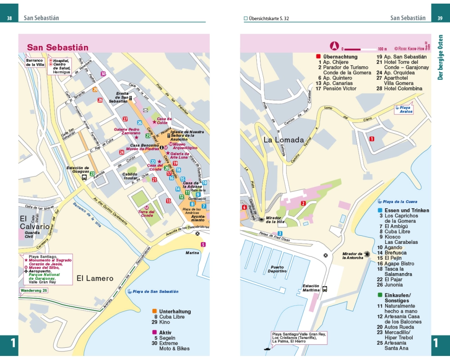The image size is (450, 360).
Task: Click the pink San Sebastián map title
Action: click(x=58, y=47)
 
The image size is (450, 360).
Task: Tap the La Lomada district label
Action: click(x=283, y=139)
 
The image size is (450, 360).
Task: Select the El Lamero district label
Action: click(x=95, y=278)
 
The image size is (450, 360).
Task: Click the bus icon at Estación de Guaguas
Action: click(x=84, y=177)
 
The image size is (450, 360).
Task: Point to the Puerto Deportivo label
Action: click(x=277, y=269)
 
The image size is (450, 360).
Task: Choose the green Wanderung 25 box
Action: click(x=33, y=290)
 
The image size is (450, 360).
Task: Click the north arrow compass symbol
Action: click(x=334, y=45)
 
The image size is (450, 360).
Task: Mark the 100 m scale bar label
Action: click(x=382, y=49)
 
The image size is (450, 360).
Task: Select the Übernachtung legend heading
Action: click(x=340, y=57)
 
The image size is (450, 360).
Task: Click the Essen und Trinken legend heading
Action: click(x=406, y=210)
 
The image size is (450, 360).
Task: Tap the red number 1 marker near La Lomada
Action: click(x=371, y=139)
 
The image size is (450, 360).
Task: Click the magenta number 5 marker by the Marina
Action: click(x=203, y=244)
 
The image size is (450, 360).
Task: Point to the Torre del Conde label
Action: click(x=146, y=213)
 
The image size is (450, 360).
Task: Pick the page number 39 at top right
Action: click(x=440, y=18)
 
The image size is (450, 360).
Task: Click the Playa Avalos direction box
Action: click(x=404, y=109)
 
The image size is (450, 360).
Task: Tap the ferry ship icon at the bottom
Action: click(x=267, y=348)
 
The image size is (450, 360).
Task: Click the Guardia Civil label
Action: click(x=29, y=234)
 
